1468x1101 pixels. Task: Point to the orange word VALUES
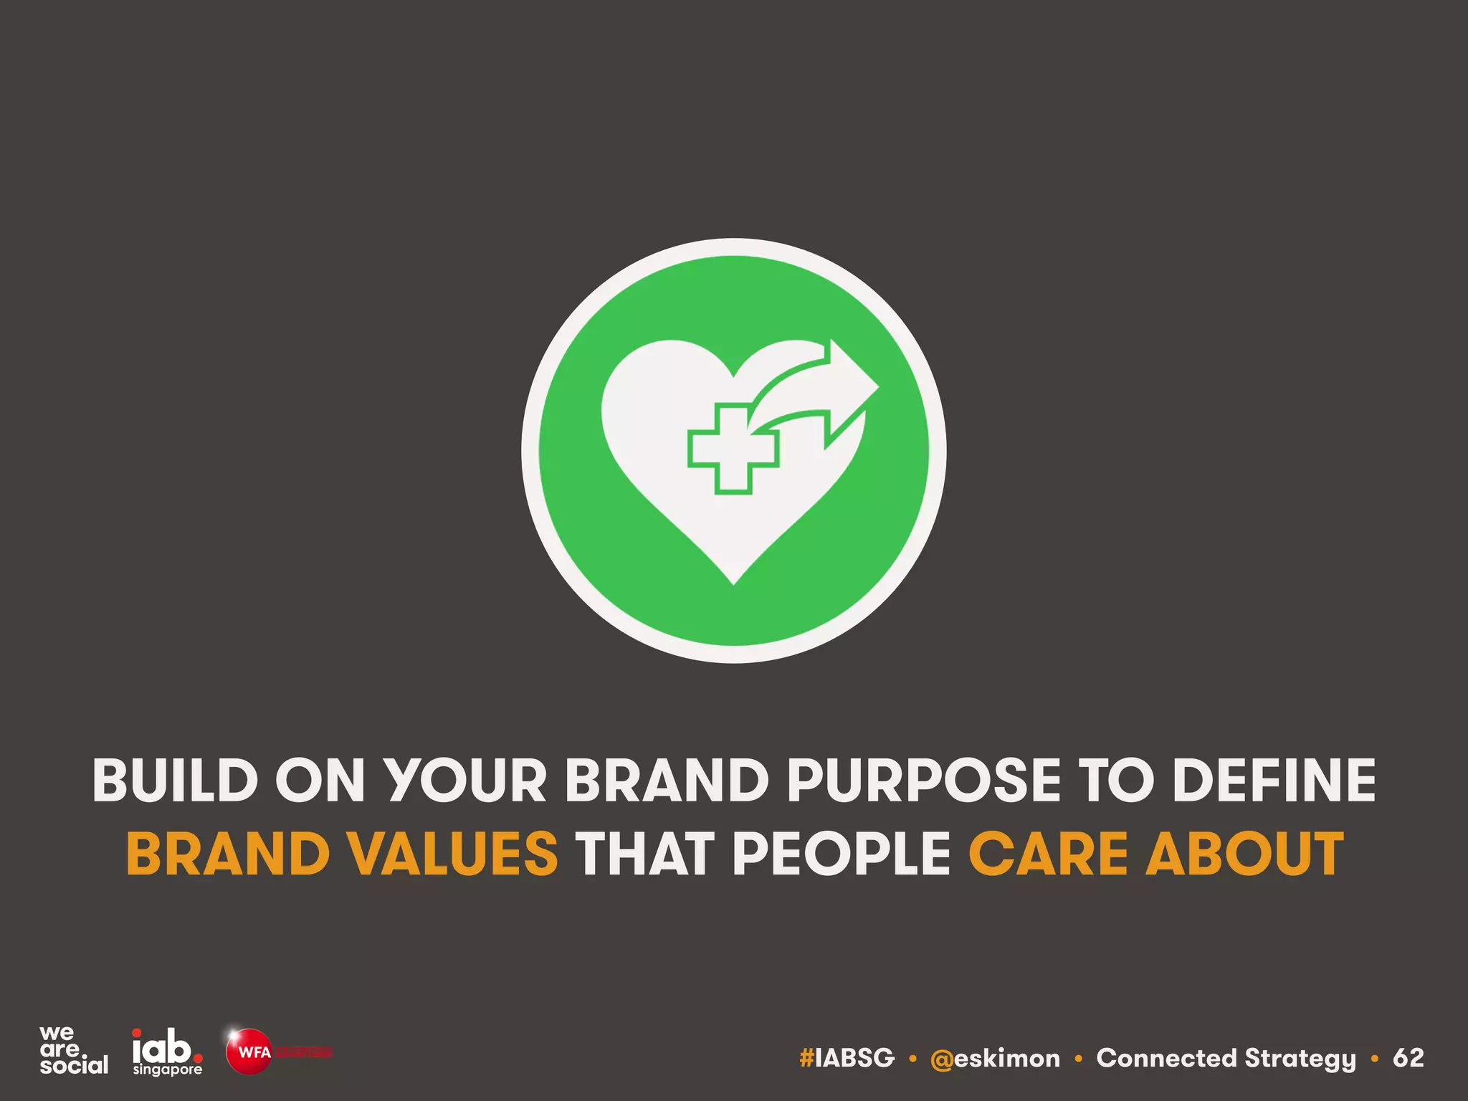[453, 854]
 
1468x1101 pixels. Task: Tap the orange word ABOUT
[1244, 854]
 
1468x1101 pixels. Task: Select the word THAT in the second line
[644, 854]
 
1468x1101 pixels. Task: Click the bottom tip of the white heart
[734, 581]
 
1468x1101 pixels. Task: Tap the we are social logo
[73, 1050]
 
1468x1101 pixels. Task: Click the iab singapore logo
[167, 1052]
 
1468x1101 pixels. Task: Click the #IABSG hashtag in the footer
[847, 1058]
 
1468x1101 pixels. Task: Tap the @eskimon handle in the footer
[995, 1058]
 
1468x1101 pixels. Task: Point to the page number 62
[1408, 1058]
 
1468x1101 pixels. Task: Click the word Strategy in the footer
[1300, 1059]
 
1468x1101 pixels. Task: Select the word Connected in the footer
[1166, 1058]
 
